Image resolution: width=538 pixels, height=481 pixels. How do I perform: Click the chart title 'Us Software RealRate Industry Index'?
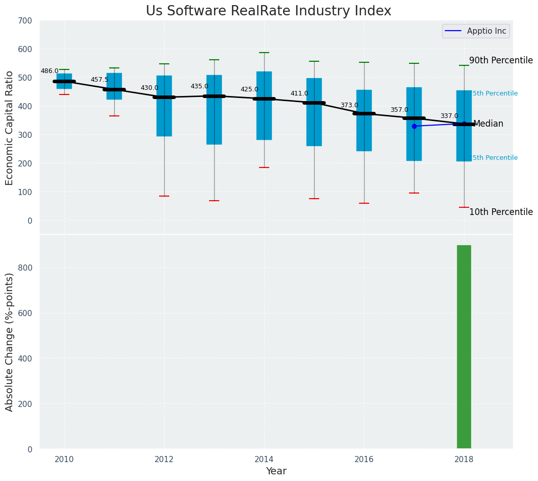[268, 11]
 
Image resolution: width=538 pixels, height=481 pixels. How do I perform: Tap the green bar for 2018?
[464, 347]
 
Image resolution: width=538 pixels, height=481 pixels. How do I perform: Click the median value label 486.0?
[49, 71]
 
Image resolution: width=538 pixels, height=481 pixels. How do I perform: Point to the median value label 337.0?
[449, 116]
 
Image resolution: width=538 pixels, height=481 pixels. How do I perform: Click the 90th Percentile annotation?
[501, 61]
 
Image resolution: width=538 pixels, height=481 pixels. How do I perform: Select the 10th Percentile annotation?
[501, 212]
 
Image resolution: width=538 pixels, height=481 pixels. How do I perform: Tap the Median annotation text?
[488, 124]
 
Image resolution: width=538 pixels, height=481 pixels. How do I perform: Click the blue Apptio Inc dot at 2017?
[414, 126]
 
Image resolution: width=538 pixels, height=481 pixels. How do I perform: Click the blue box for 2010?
[64, 81]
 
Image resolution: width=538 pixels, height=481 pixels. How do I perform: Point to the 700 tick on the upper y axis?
[25, 21]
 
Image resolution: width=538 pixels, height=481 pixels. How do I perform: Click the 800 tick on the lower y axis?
[25, 268]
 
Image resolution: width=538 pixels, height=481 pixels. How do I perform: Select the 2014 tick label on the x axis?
[264, 460]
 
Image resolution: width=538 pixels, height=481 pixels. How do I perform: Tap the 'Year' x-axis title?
[276, 471]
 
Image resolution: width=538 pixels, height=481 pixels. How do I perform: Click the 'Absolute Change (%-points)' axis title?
[10, 342]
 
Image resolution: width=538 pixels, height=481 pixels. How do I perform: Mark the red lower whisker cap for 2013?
[214, 201]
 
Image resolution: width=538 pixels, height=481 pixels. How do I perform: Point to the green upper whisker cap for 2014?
[264, 53]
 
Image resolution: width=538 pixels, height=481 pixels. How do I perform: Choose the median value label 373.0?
[349, 106]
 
